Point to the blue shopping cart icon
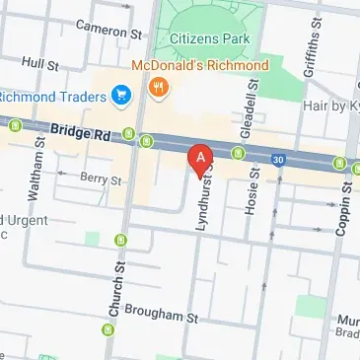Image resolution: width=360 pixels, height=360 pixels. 122,95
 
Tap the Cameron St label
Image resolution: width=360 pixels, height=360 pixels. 108,31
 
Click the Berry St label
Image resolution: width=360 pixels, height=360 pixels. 101,180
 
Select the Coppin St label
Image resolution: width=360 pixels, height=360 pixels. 346,206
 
